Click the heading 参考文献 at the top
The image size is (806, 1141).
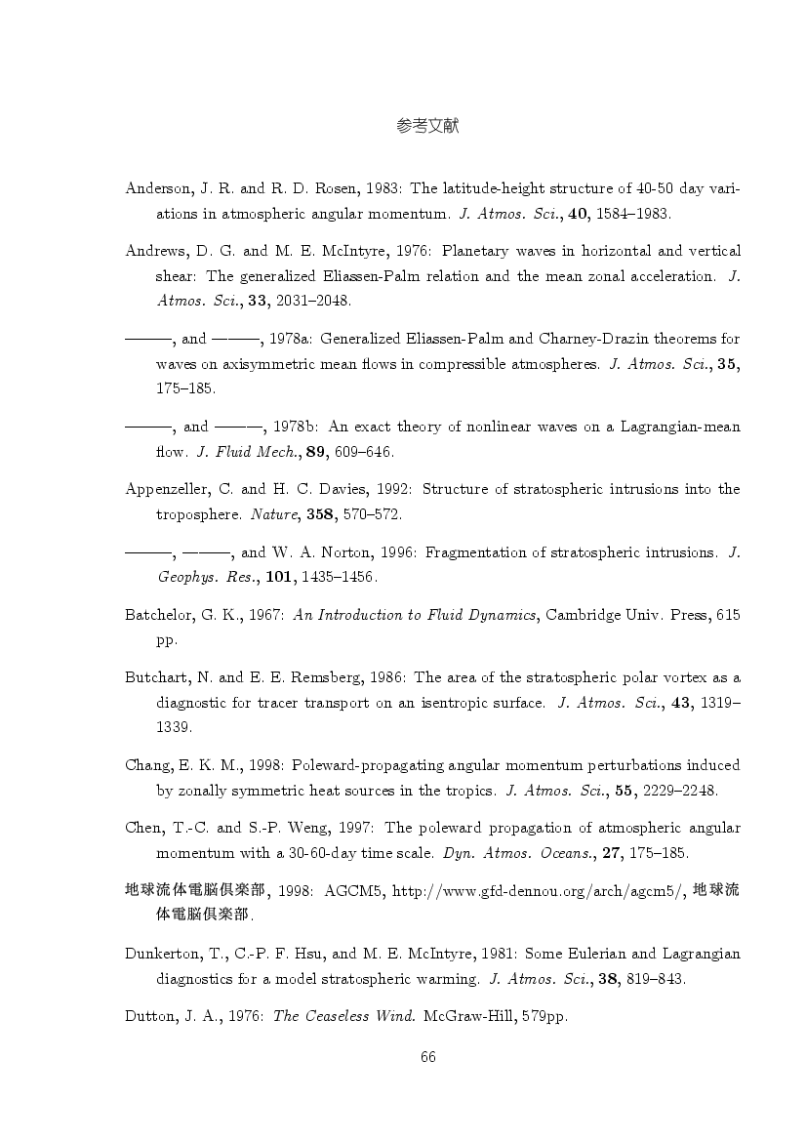coord(428,126)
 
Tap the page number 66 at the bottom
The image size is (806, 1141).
coord(427,1056)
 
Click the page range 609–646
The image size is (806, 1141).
coord(367,451)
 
